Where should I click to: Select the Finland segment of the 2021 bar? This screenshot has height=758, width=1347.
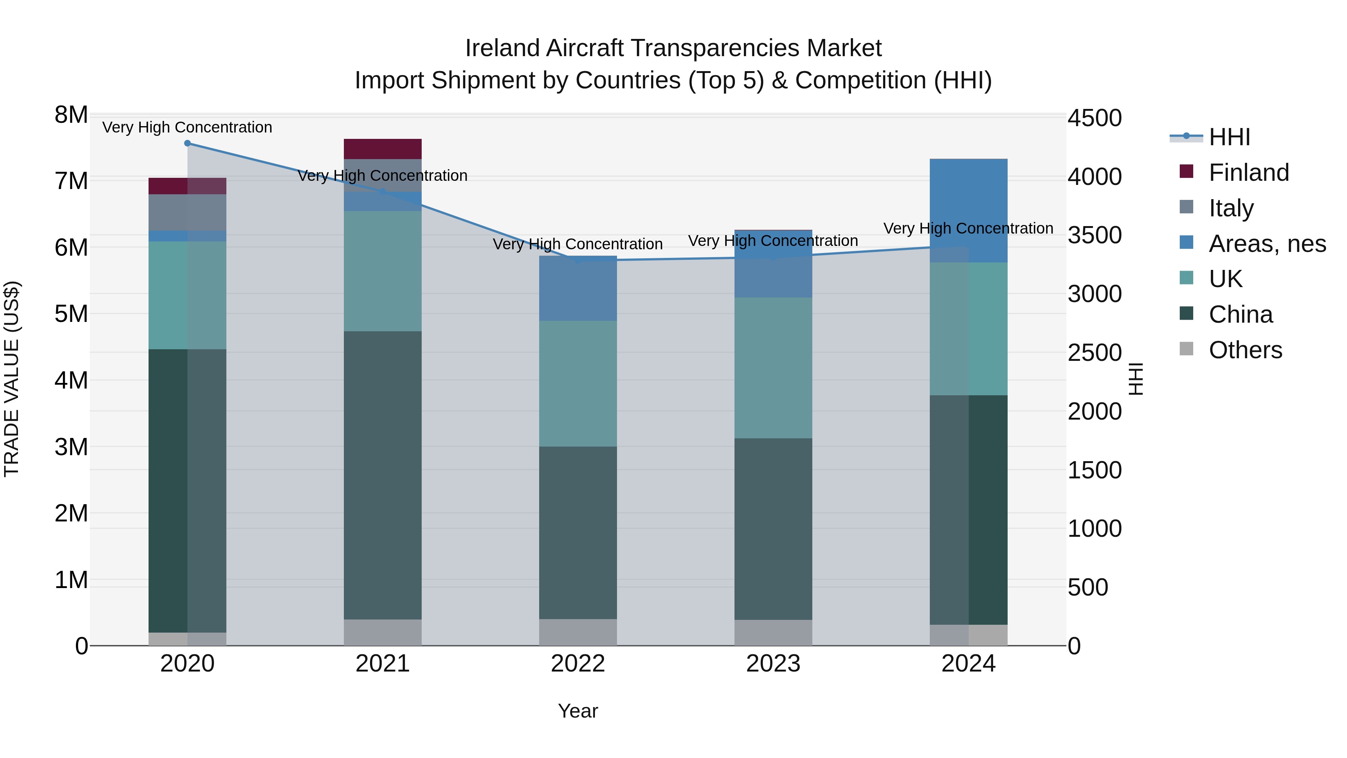(x=382, y=149)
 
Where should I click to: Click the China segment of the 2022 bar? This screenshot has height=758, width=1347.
(x=578, y=533)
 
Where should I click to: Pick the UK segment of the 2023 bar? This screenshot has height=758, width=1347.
(x=773, y=368)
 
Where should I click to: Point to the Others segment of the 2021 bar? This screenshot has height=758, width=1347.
(x=382, y=633)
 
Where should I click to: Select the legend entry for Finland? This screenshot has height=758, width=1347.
(x=1248, y=173)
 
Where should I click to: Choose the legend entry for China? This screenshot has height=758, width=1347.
(x=1240, y=314)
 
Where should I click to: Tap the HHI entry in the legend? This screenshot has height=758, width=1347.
(x=1229, y=137)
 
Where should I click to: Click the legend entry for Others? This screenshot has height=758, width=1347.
(x=1244, y=350)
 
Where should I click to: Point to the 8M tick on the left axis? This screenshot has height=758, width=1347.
(x=71, y=115)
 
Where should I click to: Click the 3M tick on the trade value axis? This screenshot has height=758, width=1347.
(x=71, y=447)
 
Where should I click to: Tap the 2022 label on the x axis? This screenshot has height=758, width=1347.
(x=578, y=664)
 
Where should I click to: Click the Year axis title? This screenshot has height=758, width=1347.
(x=578, y=711)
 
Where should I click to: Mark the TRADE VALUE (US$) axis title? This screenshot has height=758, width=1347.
(x=12, y=379)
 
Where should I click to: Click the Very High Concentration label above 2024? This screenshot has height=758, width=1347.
(x=968, y=229)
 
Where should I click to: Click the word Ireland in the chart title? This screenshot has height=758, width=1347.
(x=502, y=48)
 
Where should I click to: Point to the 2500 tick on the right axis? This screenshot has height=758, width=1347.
(x=1094, y=353)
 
